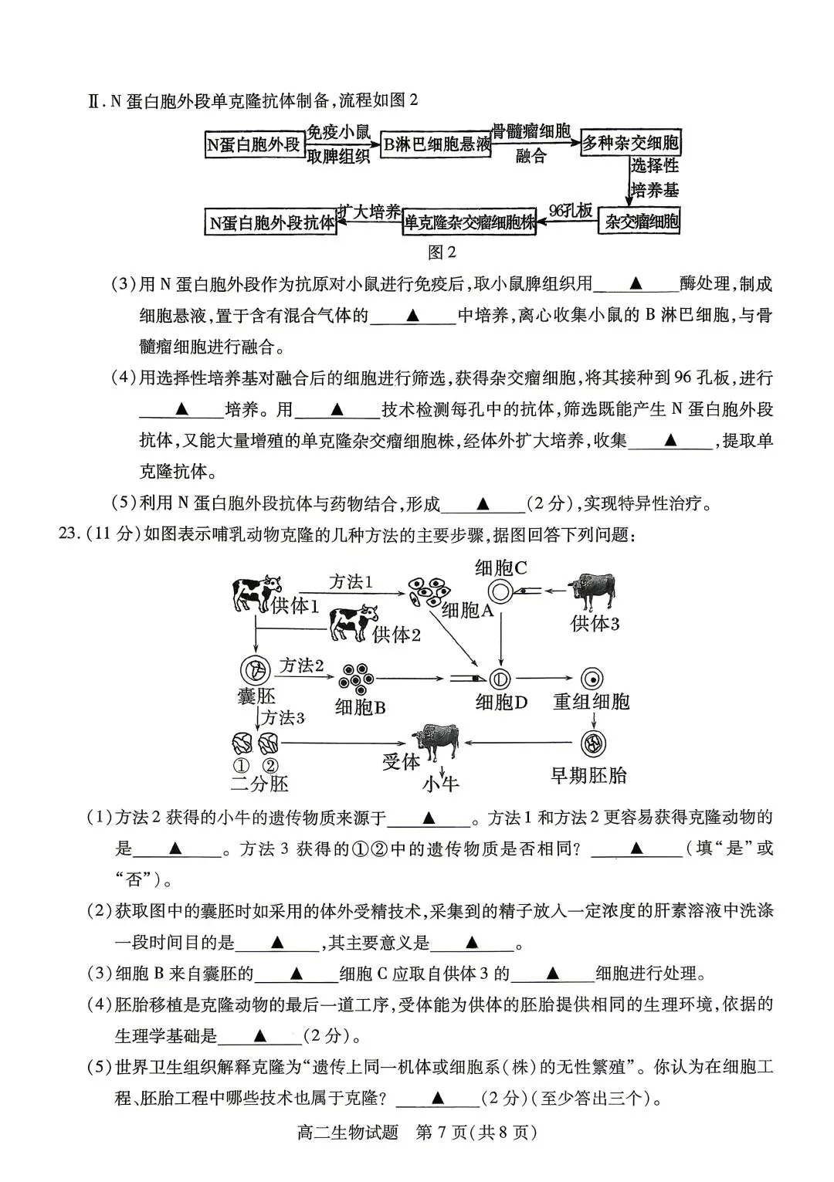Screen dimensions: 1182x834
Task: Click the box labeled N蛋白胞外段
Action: click(x=253, y=144)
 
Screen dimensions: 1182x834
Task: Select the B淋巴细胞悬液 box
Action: click(x=437, y=144)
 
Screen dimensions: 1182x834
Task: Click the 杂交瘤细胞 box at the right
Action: click(x=642, y=222)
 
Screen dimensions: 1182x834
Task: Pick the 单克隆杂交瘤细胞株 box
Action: click(x=470, y=222)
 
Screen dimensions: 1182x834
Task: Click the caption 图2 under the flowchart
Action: click(x=442, y=252)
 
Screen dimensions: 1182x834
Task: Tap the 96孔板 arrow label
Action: click(x=571, y=211)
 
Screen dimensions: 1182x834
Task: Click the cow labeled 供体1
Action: click(x=256, y=591)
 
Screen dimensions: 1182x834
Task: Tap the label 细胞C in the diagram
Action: click(x=501, y=568)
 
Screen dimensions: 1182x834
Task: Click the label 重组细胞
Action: click(x=592, y=701)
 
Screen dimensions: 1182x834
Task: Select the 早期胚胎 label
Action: click(x=588, y=775)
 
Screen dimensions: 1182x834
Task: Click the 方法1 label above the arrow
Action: click(x=351, y=581)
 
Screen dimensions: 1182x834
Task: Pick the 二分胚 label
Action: click(x=259, y=784)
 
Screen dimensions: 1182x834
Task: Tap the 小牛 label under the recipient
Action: click(x=440, y=784)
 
